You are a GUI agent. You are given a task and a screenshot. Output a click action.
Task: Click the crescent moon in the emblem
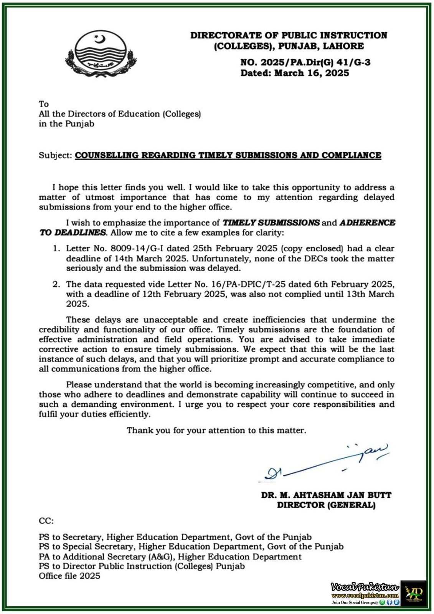(x=100, y=39)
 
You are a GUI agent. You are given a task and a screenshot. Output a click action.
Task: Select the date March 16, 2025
(x=311, y=73)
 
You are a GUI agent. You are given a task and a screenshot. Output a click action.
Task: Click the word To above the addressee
(x=43, y=104)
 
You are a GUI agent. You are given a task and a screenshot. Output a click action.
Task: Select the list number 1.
(x=56, y=249)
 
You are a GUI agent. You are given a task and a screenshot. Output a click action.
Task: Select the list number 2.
(x=56, y=284)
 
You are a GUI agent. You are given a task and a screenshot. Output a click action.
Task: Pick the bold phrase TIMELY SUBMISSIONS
(x=271, y=223)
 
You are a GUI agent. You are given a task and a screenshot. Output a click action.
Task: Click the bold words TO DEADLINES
(x=72, y=233)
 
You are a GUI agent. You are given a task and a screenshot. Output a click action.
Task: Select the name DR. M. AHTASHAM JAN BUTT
(x=326, y=495)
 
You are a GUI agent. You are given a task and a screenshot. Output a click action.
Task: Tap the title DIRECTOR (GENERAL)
(x=326, y=505)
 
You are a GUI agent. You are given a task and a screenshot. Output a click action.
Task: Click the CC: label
(x=46, y=521)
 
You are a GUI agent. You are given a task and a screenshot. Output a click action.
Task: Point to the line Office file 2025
(x=69, y=576)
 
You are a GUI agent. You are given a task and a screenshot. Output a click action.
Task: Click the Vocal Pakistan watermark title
(x=365, y=587)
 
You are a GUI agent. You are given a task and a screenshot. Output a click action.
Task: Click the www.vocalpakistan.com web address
(x=365, y=596)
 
